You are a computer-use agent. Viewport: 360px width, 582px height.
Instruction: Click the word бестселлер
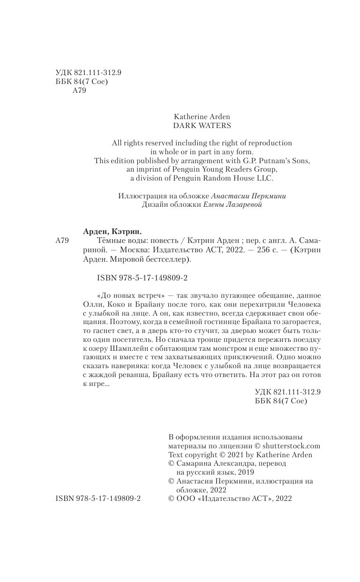(x=165, y=259)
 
